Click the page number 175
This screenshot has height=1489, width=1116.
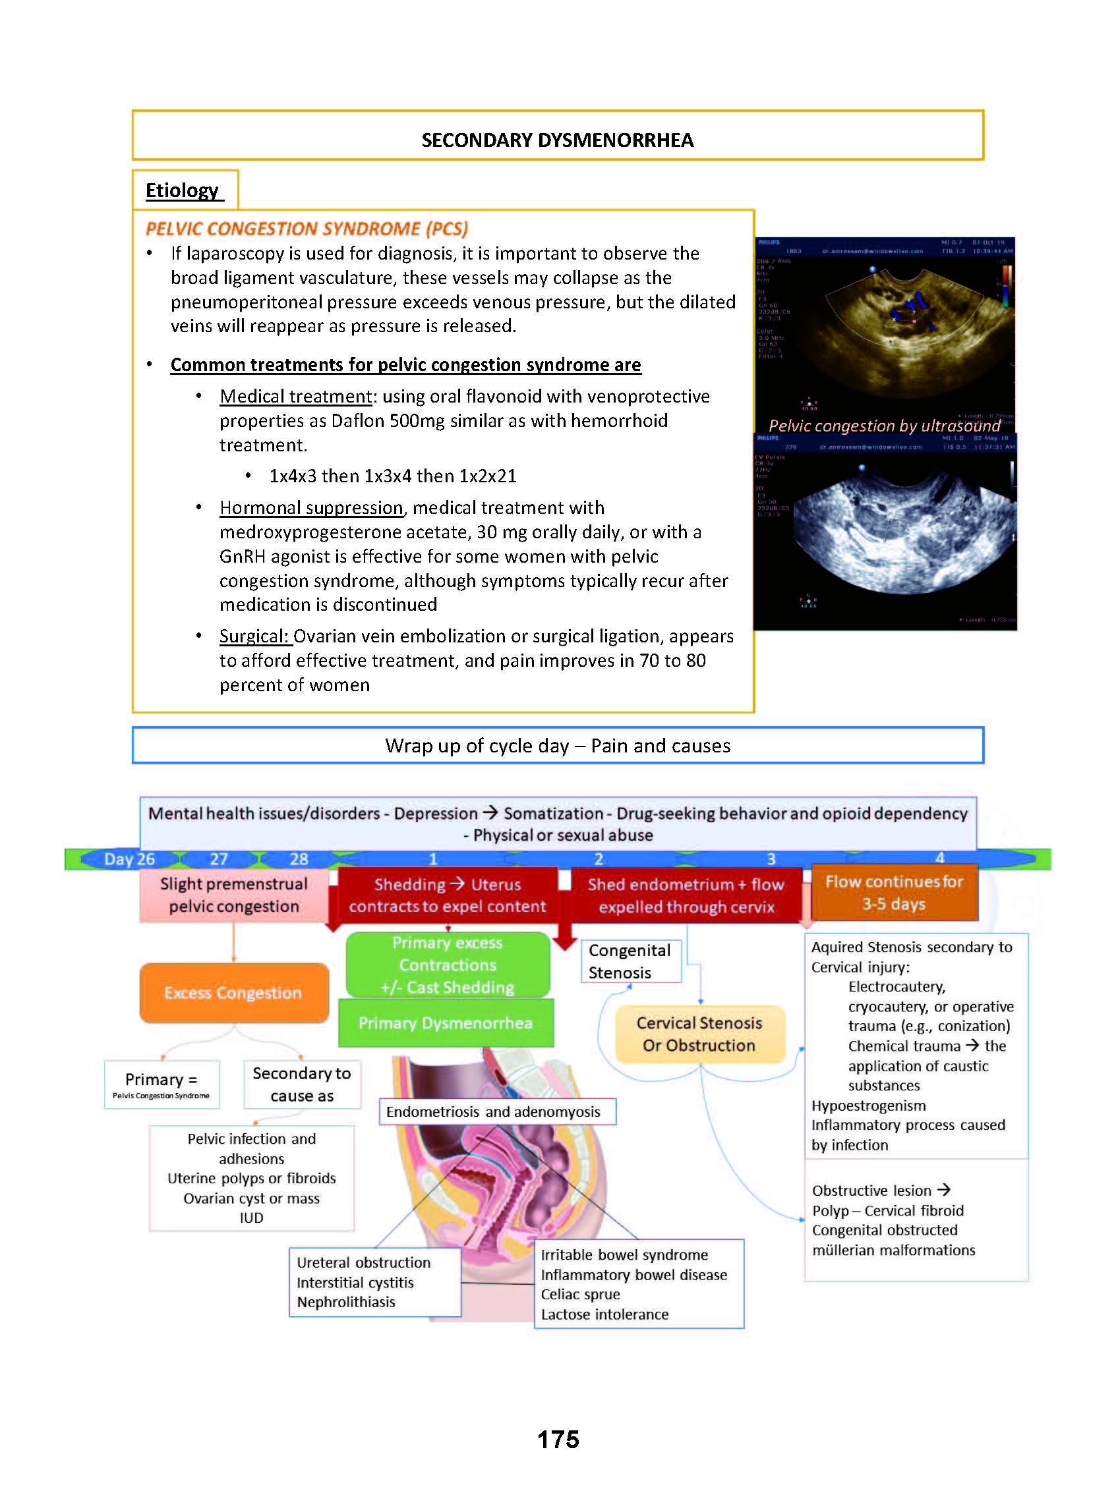pos(558,1439)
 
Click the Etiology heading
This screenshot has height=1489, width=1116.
pos(182,190)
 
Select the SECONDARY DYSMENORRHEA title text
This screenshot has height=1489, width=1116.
pos(558,140)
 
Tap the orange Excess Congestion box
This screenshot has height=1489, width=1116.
pos(234,992)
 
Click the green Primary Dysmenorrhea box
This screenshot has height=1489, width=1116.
pos(445,1023)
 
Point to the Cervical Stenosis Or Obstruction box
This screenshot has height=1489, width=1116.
pos(699,1034)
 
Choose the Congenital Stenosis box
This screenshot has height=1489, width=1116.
pos(630,961)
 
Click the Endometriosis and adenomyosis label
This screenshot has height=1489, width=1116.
pos(493,1111)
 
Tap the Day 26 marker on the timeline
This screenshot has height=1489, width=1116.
pos(129,859)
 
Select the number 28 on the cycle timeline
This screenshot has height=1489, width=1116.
pos(299,859)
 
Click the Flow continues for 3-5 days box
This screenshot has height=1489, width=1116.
pos(894,893)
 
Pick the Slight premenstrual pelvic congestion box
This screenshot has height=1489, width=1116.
pos(234,895)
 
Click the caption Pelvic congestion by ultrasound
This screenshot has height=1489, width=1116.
pos(884,426)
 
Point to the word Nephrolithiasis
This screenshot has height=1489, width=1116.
pos(346,1302)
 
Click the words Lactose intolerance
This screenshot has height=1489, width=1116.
pos(605,1314)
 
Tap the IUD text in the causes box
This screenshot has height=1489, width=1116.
pos(251,1218)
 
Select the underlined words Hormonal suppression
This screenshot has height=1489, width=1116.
pos(311,507)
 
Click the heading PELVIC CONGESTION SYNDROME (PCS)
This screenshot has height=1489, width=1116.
pos(307,229)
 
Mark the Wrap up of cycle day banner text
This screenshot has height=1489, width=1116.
pos(558,746)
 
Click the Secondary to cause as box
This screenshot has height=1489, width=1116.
pos(302,1084)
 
